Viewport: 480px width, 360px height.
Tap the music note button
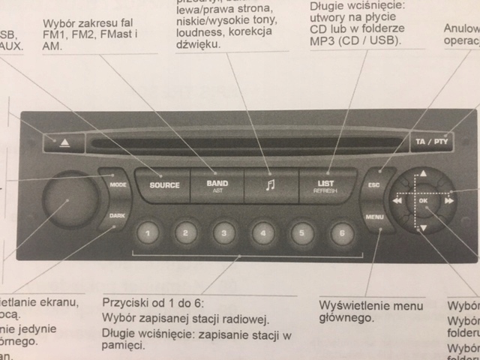tap(271, 185)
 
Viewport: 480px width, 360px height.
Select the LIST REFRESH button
tap(325, 184)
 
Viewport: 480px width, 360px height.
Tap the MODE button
tap(117, 184)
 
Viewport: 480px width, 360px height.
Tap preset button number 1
tap(148, 233)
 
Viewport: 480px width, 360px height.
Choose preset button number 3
tap(223, 233)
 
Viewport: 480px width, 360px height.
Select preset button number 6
tap(340, 233)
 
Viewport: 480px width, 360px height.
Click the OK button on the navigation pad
tap(424, 201)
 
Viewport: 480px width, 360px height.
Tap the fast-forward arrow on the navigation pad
tap(449, 201)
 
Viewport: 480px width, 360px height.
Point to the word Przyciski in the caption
tap(124, 306)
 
